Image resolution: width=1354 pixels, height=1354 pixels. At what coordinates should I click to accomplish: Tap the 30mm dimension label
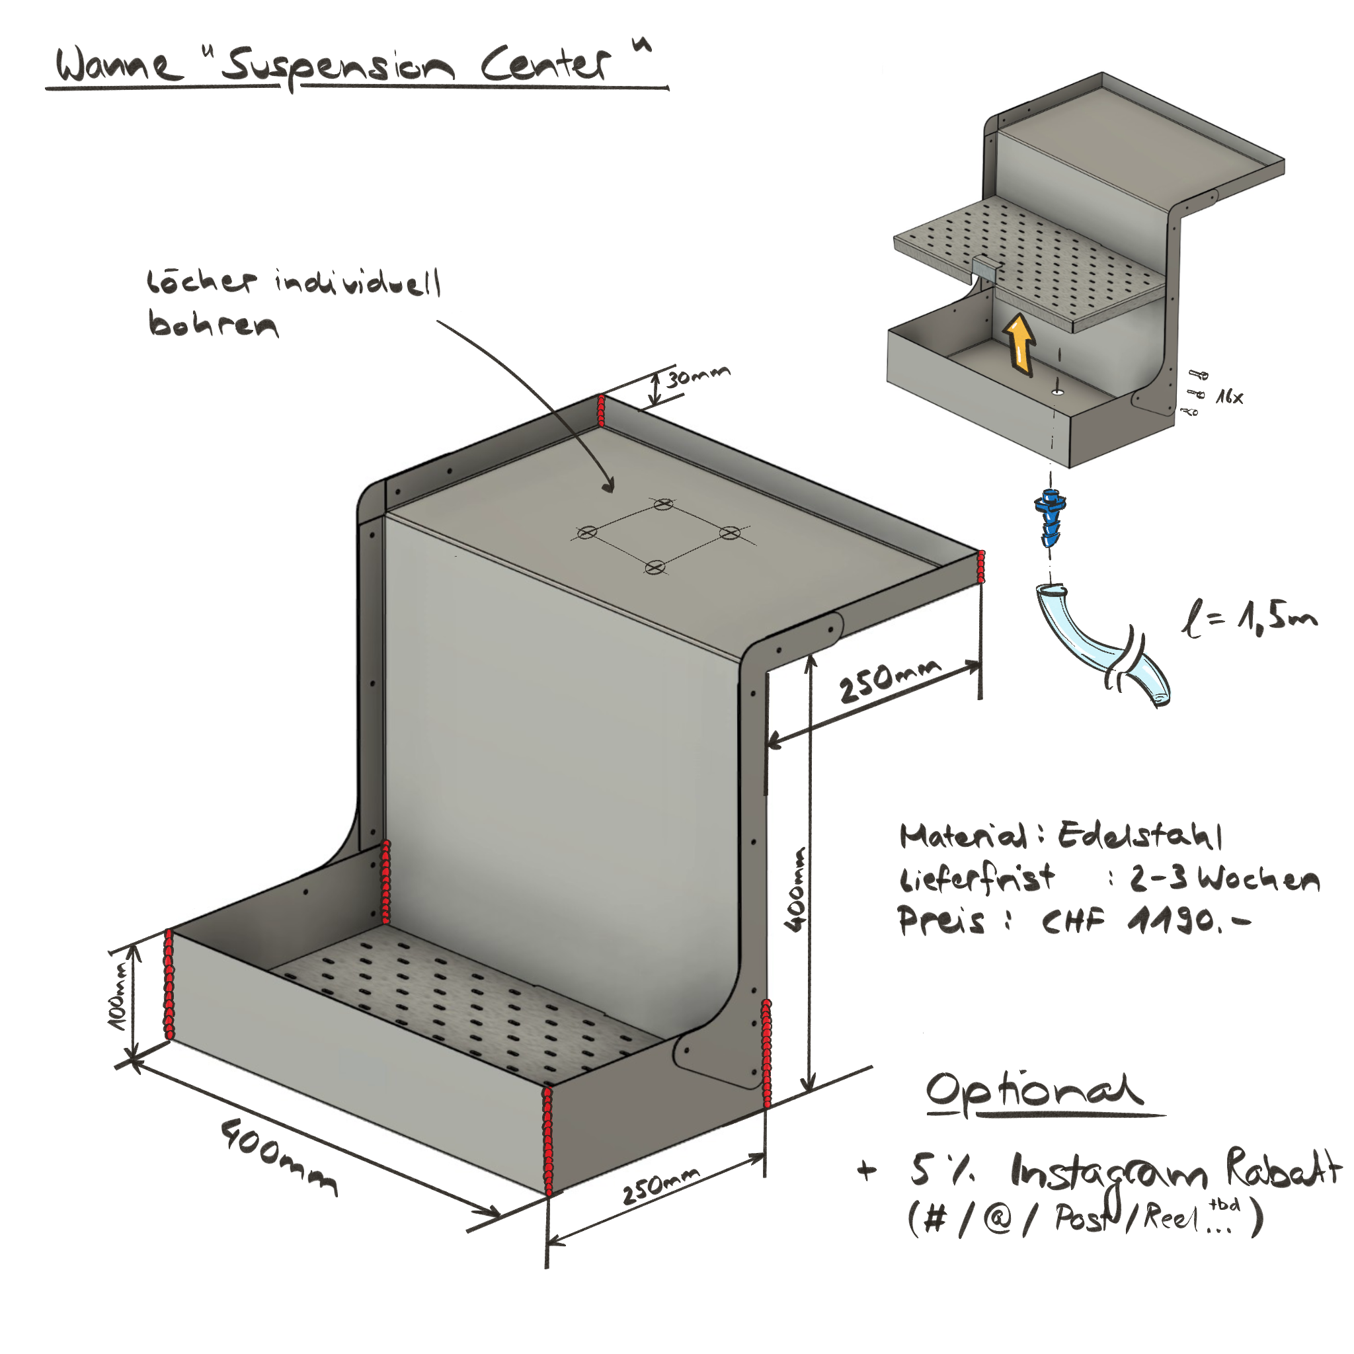click(697, 376)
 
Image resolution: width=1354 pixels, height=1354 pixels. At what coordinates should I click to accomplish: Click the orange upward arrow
click(1019, 342)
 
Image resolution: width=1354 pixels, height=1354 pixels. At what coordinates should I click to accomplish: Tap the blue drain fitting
click(1050, 518)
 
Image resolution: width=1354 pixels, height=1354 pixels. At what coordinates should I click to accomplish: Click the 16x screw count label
click(1229, 397)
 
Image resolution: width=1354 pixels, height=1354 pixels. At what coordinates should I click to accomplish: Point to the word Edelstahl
click(1140, 836)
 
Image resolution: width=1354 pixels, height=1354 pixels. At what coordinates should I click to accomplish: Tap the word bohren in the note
click(212, 324)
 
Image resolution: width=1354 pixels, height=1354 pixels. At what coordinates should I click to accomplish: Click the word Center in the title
click(545, 65)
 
